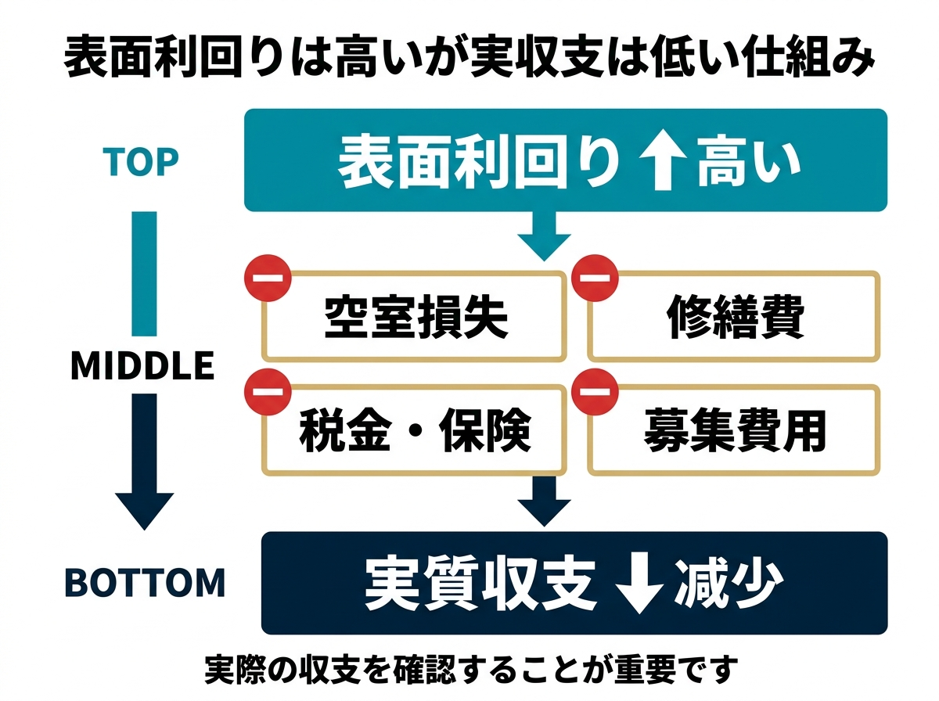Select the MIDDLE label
coord(142,366)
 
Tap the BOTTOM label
coord(144,583)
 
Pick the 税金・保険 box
coord(416,432)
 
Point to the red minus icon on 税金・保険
coord(268,392)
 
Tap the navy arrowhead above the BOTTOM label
coord(144,509)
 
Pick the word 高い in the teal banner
coord(748,162)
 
